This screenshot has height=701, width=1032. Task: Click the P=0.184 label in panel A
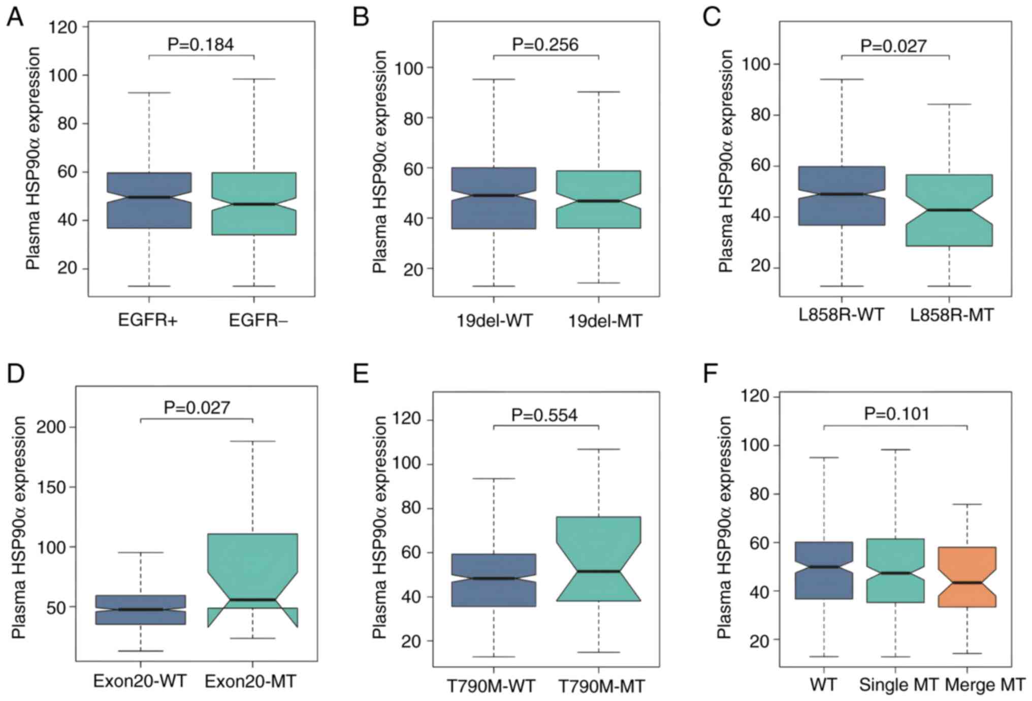coord(201,45)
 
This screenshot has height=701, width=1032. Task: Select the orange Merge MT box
coord(967,576)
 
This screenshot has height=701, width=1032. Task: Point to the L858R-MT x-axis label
coord(951,315)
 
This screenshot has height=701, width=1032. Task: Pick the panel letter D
coord(16,374)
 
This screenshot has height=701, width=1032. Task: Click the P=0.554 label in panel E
coord(544,415)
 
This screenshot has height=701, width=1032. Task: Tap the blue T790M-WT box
coord(494,580)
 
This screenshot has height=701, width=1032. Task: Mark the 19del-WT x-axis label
coord(494,321)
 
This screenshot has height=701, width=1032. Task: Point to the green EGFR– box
coord(254,203)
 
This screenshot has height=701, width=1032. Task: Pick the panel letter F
coord(711,375)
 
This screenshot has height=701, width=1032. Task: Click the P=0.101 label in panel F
coord(897,413)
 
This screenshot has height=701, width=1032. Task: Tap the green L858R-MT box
coord(949,210)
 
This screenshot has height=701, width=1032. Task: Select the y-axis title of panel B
coord(379,162)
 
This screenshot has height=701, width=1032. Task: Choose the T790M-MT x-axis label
coord(601,687)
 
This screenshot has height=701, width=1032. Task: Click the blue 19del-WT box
coord(494,198)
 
